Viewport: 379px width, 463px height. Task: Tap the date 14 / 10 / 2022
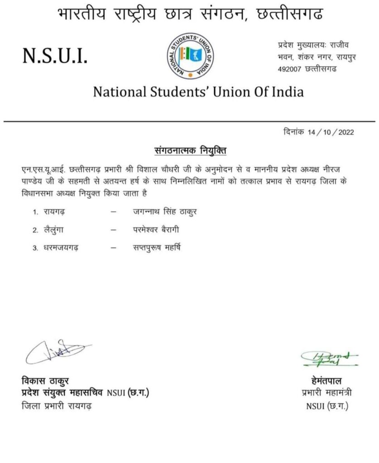(x=330, y=132)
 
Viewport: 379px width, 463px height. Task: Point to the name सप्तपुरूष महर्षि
(x=154, y=247)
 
